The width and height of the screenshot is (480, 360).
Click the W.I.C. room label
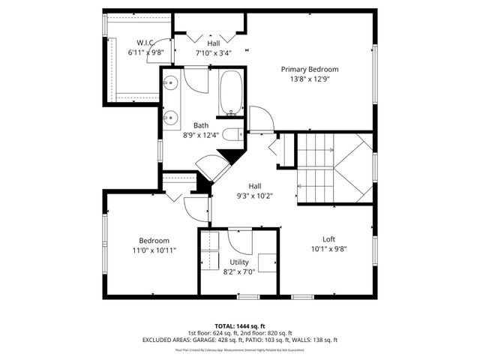tap(145, 42)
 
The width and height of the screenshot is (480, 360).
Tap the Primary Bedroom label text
tap(310, 69)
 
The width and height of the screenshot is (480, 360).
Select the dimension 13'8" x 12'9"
tap(310, 79)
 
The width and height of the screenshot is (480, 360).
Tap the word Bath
tap(201, 125)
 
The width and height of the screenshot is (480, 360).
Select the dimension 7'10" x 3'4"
tap(214, 53)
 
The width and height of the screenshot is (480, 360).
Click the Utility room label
tap(239, 262)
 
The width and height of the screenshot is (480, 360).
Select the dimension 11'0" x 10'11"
tap(153, 250)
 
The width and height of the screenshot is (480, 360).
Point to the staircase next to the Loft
tap(334, 168)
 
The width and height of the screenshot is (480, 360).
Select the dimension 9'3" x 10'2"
tap(255, 196)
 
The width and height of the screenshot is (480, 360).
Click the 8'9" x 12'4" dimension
tap(201, 135)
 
